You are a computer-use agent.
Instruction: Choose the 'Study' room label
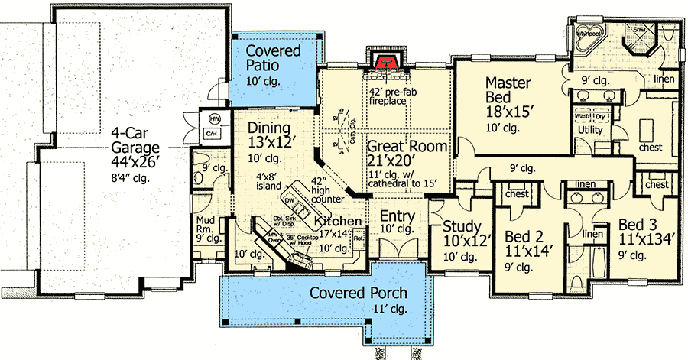click(x=462, y=226)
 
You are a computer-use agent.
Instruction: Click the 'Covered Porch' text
click(x=358, y=294)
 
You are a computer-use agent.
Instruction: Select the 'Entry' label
click(x=398, y=216)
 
